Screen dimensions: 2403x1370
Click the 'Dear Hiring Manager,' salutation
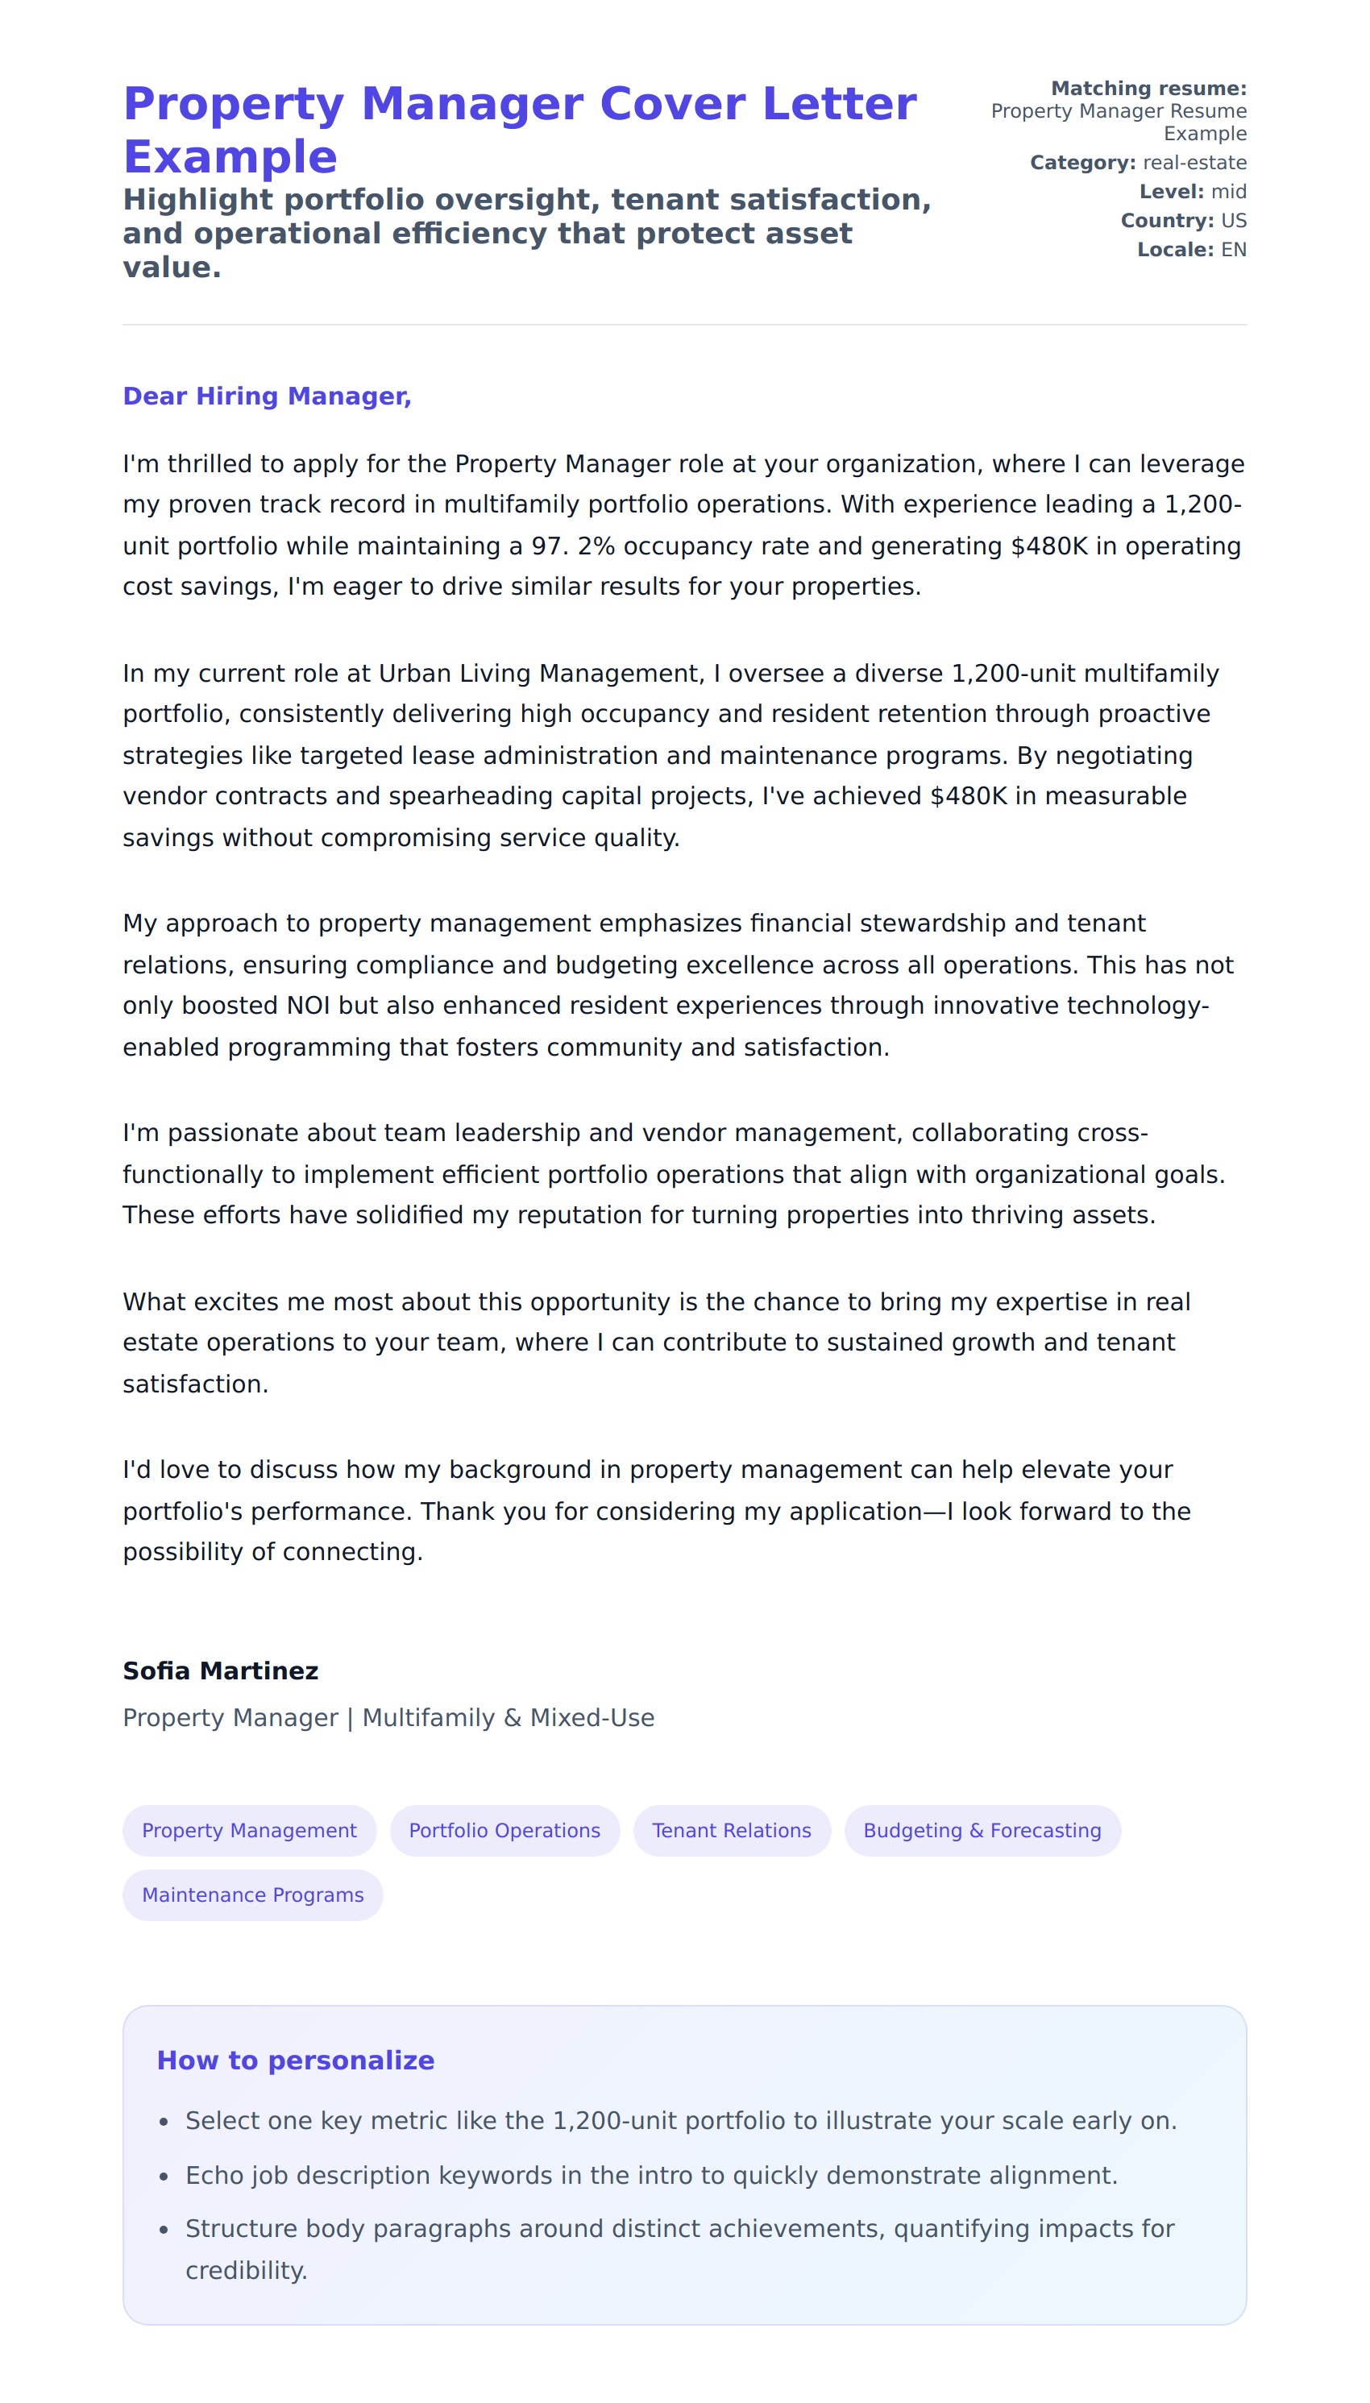268,396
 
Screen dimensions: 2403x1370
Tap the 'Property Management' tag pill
249,1830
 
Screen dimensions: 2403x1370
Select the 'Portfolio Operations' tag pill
504,1830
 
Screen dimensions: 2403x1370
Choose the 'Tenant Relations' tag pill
731,1830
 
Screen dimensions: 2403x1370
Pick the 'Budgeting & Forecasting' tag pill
982,1830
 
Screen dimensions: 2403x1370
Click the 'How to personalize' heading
296,2061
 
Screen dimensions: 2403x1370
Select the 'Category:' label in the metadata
1082,163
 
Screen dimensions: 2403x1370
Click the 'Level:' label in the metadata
1170,192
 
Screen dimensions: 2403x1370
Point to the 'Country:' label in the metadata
1166,221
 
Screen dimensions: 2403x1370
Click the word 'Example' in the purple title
230,157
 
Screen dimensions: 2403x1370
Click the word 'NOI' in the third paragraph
308,1006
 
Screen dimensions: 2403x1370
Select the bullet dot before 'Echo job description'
164,2177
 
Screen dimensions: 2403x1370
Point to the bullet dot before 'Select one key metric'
164,2123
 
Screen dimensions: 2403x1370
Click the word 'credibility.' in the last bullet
247,2270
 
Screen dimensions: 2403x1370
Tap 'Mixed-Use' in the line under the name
592,1718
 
